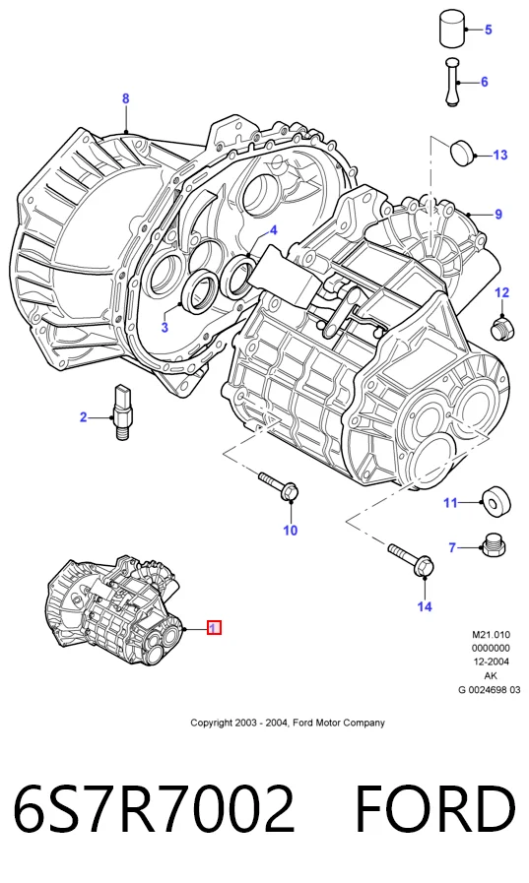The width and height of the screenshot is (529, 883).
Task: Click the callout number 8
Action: tap(126, 98)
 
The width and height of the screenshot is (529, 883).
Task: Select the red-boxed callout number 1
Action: tap(214, 627)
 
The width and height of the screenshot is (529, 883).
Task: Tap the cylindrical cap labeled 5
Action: tap(452, 29)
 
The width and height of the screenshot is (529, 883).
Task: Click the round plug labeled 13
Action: tap(463, 152)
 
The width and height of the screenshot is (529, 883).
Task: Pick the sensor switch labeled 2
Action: tap(123, 412)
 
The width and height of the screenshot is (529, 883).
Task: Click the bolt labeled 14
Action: tap(411, 558)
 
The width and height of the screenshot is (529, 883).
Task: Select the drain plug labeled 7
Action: tap(492, 545)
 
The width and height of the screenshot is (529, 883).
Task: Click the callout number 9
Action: tap(498, 214)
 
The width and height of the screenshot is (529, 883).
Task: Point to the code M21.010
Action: tap(491, 635)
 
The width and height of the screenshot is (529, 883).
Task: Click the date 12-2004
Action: tap(491, 662)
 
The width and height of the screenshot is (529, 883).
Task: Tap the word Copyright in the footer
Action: tap(211, 723)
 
